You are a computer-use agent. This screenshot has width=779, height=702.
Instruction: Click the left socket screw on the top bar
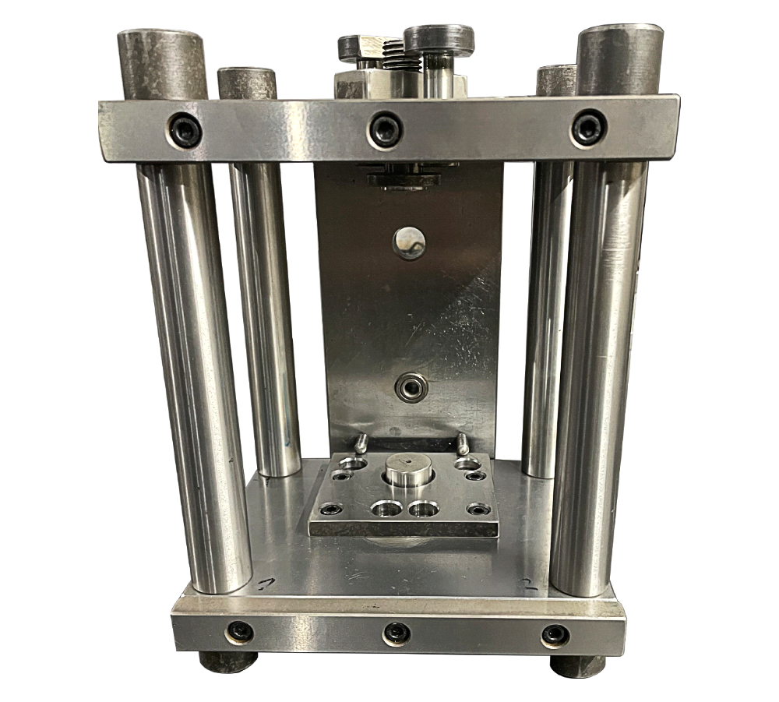186,129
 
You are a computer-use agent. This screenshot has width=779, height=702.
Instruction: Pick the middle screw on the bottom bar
397,633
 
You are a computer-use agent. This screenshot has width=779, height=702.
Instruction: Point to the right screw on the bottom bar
555,635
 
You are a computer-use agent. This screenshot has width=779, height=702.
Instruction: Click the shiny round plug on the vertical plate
410,241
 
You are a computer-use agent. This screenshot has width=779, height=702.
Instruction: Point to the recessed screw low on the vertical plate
410,386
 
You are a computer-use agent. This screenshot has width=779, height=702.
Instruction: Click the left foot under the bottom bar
227,663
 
